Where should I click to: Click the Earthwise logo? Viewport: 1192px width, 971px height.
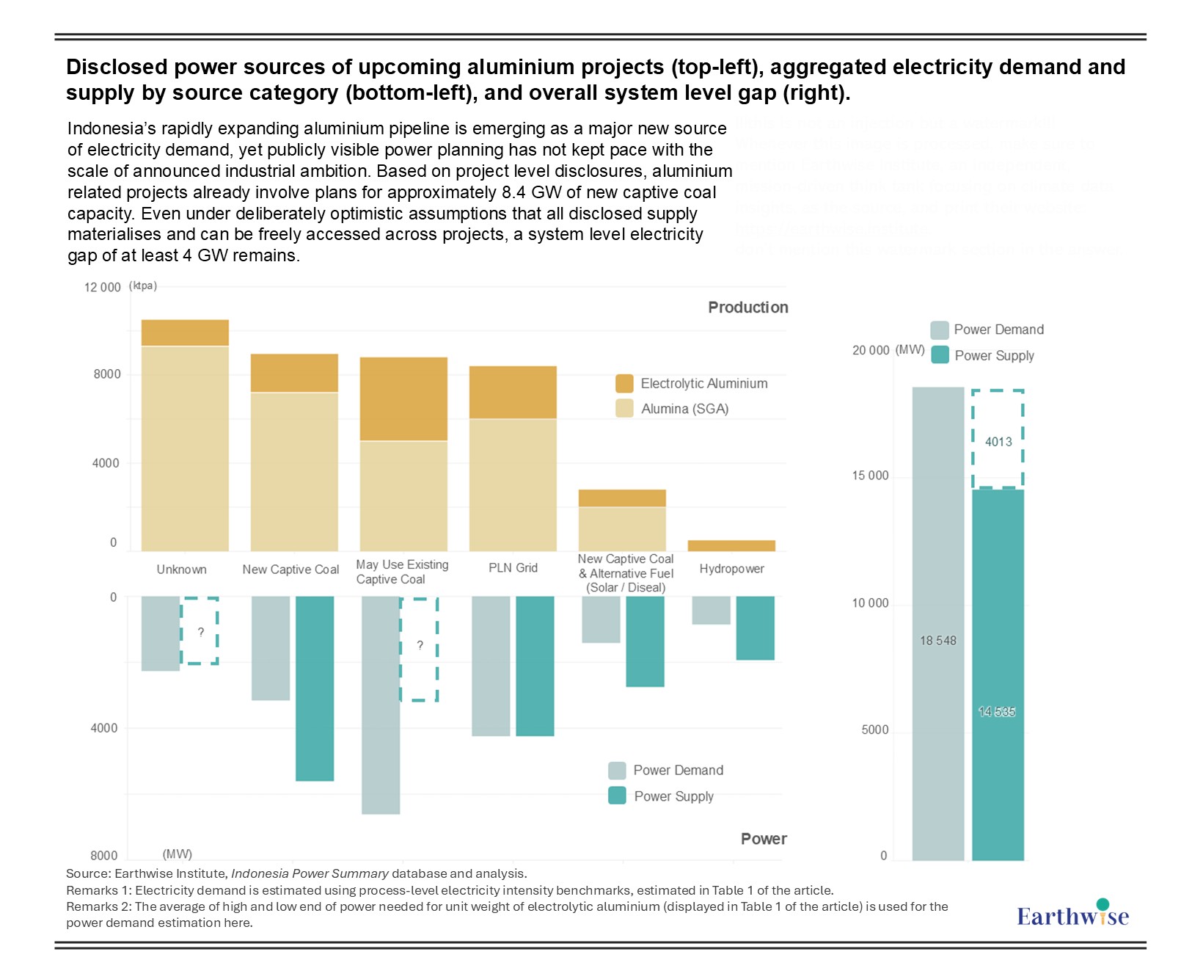[1072, 914]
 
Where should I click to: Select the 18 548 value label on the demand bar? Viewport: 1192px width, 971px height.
[938, 641]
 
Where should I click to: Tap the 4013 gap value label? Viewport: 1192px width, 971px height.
[998, 442]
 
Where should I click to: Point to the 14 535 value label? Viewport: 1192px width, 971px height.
[997, 712]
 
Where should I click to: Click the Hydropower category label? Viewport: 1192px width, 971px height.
[731, 569]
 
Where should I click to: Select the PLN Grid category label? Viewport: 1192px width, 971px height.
[513, 568]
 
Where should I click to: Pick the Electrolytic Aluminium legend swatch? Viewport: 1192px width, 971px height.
[624, 383]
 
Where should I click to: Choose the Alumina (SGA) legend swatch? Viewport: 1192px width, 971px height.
[624, 409]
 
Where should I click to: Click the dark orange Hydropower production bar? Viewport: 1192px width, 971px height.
[731, 545]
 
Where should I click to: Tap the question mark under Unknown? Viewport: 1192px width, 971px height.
[200, 632]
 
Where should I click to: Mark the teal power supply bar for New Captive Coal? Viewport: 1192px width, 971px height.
[315, 688]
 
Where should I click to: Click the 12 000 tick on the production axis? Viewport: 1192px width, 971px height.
[102, 287]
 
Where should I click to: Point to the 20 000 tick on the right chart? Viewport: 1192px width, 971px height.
[870, 351]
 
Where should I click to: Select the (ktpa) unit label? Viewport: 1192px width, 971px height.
[143, 286]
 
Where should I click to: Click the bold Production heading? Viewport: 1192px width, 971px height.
[747, 308]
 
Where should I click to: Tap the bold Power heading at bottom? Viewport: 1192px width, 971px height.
[764, 839]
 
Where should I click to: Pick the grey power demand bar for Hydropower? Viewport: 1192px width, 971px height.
[711, 610]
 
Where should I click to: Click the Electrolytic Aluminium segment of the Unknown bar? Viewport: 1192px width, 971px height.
[185, 332]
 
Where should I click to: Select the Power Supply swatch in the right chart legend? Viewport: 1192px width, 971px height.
[940, 355]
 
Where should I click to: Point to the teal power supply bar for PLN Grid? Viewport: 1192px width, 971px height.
[535, 666]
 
